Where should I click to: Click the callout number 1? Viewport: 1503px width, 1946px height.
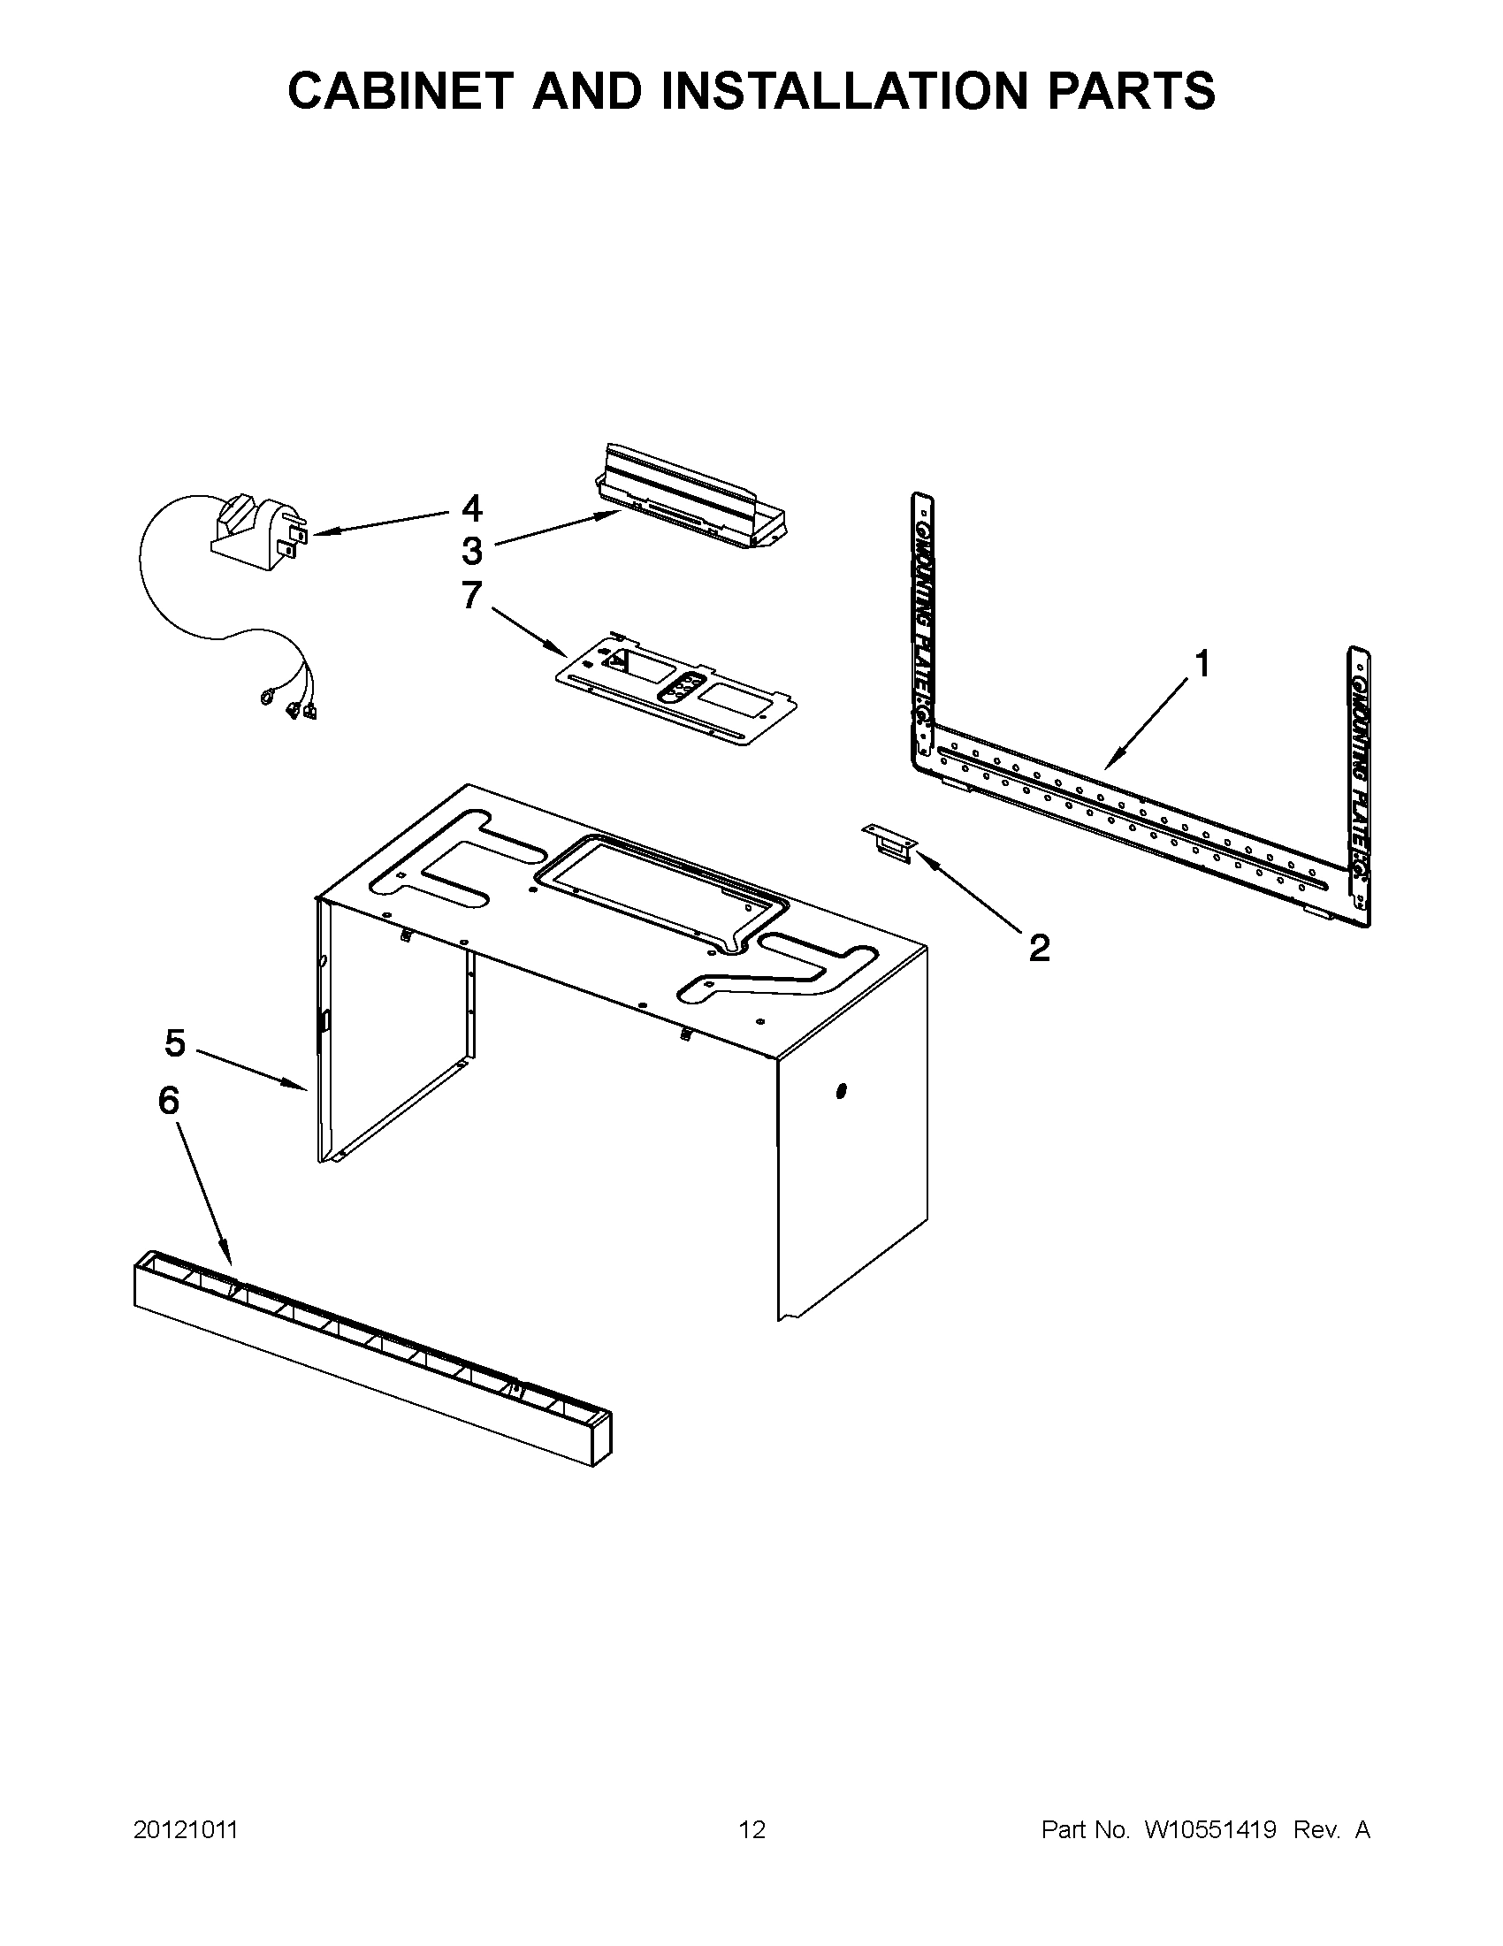(1202, 664)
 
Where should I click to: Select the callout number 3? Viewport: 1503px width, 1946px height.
(471, 552)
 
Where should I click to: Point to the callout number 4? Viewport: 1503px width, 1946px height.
(471, 508)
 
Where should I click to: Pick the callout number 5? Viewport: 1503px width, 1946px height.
(175, 1042)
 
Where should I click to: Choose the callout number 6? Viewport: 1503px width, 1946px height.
(168, 1102)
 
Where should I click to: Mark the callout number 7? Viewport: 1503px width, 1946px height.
(471, 595)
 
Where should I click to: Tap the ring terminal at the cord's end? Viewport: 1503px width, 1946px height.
(265, 698)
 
